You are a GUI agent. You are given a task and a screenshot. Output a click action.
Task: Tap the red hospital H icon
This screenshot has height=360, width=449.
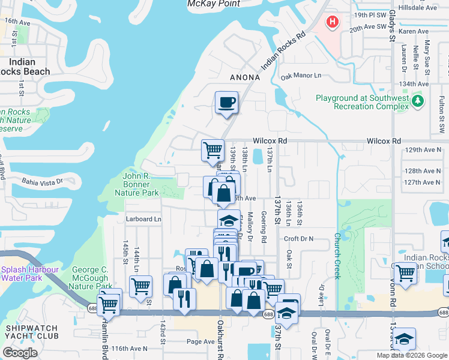pos(332,23)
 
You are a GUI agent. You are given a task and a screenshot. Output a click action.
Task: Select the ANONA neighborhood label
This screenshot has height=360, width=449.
pos(245,77)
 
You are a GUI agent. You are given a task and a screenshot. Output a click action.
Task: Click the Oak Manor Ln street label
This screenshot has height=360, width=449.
pos(301,76)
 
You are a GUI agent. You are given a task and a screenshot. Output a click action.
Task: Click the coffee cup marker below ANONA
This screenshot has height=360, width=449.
pos(226,102)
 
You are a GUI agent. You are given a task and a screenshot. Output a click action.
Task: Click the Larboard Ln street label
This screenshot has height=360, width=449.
pos(143,219)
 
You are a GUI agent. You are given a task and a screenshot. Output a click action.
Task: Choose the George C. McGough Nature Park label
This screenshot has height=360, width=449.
pos(90,278)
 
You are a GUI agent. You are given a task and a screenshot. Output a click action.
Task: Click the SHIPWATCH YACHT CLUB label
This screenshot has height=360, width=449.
pos(32,333)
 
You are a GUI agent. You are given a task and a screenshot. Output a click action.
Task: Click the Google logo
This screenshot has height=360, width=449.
pos(20,353)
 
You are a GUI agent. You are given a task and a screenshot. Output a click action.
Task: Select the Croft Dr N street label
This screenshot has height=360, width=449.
pos(299,238)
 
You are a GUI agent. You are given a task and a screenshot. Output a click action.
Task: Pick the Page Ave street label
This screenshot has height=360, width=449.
pos(200,342)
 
